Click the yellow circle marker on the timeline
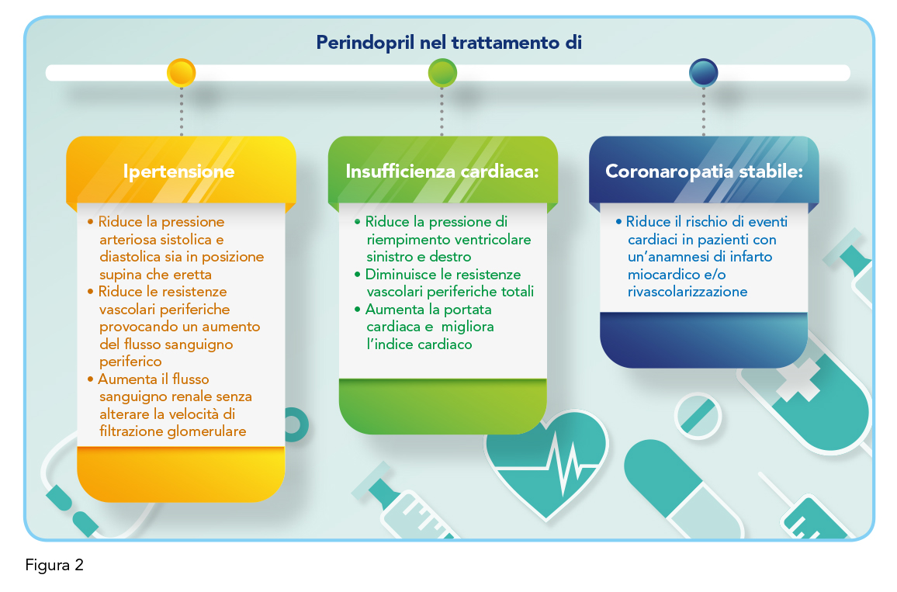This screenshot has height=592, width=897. pyautogui.click(x=182, y=73)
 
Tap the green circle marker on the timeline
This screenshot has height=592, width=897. pyautogui.click(x=442, y=73)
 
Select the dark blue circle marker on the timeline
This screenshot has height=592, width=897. pyautogui.click(x=703, y=73)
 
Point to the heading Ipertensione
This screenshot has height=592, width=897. pyautogui.click(x=178, y=171)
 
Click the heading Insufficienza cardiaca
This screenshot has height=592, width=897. pyautogui.click(x=442, y=171)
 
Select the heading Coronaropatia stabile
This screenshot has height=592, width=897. pyautogui.click(x=705, y=171)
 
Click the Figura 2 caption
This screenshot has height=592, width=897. pyautogui.click(x=54, y=565)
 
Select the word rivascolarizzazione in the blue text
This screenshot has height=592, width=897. pyautogui.click(x=687, y=292)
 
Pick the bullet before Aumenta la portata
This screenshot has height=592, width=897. pyautogui.click(x=358, y=310)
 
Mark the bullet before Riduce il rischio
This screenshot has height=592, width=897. pyautogui.click(x=618, y=221)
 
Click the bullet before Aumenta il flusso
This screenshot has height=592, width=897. pyautogui.click(x=90, y=379)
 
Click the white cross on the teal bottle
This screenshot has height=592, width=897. pyautogui.click(x=798, y=379)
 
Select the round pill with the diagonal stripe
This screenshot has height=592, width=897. pyautogui.click(x=698, y=416)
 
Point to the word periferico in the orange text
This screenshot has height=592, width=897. pyautogui.click(x=130, y=362)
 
